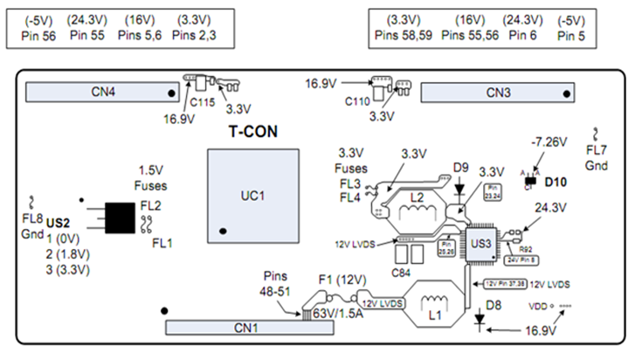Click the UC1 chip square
(249, 194)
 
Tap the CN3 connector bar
(498, 92)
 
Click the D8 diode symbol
(480, 320)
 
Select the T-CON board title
(254, 133)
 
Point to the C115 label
(202, 102)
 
